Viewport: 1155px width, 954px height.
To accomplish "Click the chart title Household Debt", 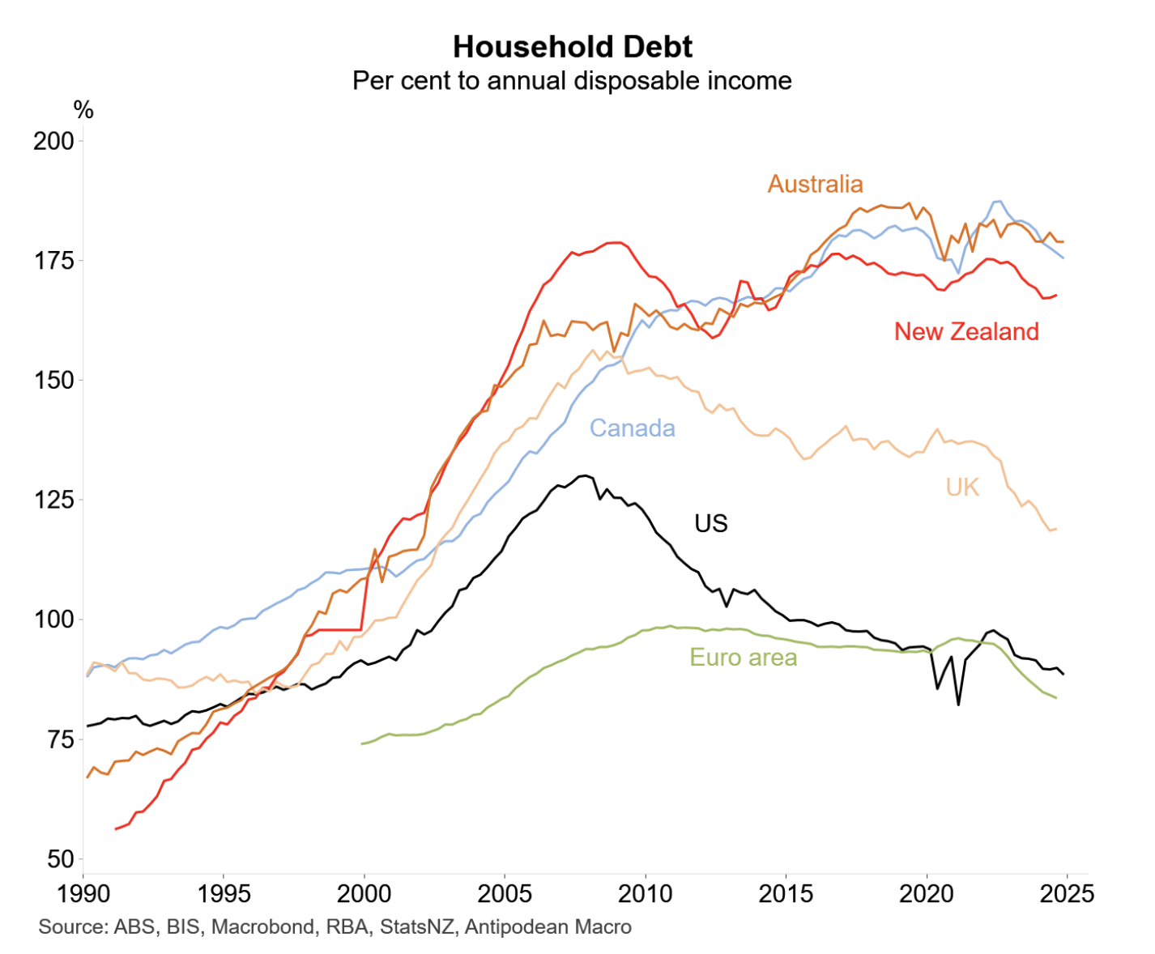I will (x=572, y=47).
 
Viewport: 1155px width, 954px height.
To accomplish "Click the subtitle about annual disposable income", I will (x=572, y=81).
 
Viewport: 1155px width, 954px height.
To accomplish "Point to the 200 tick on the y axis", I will (x=53, y=141).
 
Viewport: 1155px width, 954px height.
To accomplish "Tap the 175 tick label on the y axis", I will (x=53, y=261).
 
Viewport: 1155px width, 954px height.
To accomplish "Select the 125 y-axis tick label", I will (x=53, y=500).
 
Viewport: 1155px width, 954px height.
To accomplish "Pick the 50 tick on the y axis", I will (x=59, y=859).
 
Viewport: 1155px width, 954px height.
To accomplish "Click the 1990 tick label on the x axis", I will (x=83, y=894).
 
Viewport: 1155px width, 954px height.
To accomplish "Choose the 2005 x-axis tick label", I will (x=505, y=894).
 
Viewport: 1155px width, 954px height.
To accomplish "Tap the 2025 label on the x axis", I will (x=1067, y=894).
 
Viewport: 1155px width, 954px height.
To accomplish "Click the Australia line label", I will (x=815, y=184).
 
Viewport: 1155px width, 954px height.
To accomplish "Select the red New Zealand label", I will (x=966, y=331).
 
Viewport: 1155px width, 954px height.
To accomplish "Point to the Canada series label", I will (x=632, y=428).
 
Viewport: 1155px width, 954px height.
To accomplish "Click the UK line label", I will (x=962, y=487).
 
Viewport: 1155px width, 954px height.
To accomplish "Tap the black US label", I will (x=711, y=524).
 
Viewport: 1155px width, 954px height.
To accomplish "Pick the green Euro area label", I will (x=743, y=658).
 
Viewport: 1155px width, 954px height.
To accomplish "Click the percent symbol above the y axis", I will (x=83, y=110).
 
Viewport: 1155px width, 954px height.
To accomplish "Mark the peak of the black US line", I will (x=584, y=475).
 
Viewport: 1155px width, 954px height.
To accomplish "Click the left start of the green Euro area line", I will (x=362, y=743).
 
